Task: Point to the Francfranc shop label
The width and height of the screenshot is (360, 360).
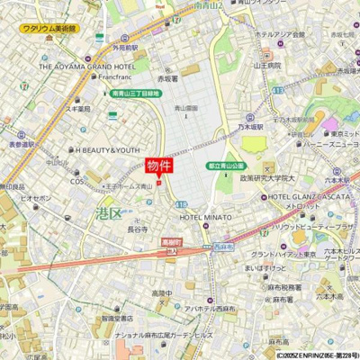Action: click(x=102, y=77)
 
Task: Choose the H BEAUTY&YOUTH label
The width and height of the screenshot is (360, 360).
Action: click(x=108, y=150)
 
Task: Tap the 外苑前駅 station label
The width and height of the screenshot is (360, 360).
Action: click(x=125, y=47)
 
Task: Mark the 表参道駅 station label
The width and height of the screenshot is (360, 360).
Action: click(x=18, y=144)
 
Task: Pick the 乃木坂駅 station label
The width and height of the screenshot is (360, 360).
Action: click(x=255, y=127)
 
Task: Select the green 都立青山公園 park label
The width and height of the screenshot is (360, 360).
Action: click(x=226, y=166)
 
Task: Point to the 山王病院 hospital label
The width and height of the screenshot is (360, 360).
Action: click(x=267, y=65)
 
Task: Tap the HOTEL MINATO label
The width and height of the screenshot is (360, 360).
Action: click(x=204, y=217)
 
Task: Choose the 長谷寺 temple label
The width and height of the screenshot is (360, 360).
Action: click(x=138, y=229)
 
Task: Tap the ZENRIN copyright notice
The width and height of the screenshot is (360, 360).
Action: click(x=317, y=355)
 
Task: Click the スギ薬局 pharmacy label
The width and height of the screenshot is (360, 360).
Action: click(x=78, y=109)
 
